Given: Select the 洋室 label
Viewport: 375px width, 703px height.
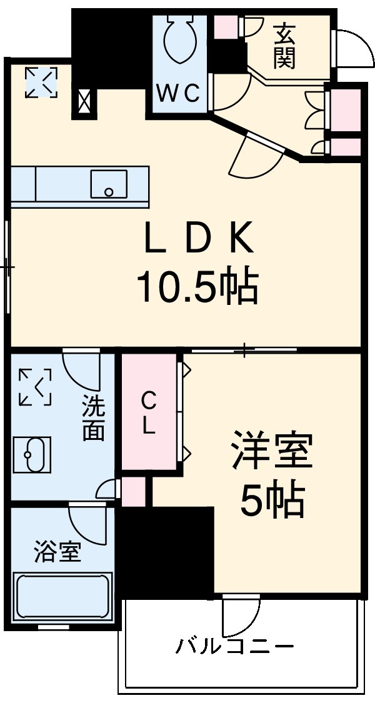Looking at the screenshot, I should [x=272, y=451].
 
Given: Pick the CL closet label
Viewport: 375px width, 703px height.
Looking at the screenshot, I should [x=148, y=412].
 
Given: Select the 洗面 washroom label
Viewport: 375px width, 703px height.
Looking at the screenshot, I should [x=93, y=419].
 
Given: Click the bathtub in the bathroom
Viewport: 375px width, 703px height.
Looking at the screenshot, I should [x=62, y=596].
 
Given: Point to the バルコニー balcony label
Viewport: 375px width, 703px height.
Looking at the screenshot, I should [x=234, y=646].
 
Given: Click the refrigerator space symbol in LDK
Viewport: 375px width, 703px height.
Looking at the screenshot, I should [x=41, y=82].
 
